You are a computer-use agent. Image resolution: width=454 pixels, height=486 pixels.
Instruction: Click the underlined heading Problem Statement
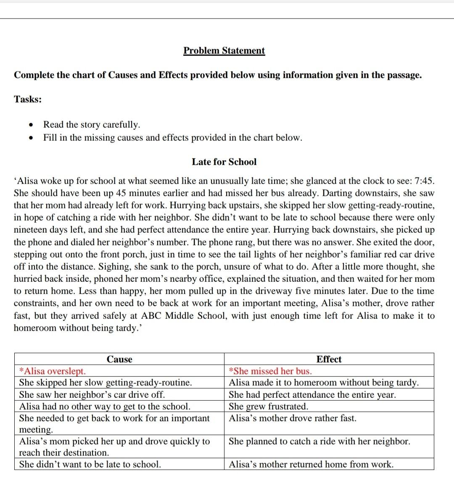coord(224,51)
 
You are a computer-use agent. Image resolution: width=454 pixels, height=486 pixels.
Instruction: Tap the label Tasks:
coord(28,99)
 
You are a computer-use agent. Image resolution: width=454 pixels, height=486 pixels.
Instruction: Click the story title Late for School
coord(224,162)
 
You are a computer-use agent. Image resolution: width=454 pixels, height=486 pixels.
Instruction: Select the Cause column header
coord(119,359)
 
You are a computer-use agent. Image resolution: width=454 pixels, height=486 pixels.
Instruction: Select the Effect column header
coord(329,359)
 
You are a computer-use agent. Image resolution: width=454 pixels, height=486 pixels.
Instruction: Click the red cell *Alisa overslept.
coord(53,371)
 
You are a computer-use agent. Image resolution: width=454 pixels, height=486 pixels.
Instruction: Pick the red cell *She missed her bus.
coord(270,371)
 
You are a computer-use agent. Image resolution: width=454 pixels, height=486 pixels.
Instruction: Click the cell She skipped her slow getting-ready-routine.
coord(106,383)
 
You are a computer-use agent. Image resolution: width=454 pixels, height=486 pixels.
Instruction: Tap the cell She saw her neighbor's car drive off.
coord(92,394)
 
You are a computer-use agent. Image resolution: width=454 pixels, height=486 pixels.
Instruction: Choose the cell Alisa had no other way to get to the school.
coord(105,406)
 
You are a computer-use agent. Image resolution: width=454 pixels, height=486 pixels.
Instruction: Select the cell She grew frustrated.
coord(268,406)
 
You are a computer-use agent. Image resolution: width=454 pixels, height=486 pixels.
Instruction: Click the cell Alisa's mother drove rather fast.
coord(293,418)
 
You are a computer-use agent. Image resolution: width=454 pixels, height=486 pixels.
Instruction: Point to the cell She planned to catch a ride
coord(319,441)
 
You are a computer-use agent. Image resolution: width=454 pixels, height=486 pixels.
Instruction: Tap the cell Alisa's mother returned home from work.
coord(311,464)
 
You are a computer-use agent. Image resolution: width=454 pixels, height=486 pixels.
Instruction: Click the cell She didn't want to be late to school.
coord(90,464)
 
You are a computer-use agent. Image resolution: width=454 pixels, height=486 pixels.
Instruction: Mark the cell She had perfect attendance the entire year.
coord(312,394)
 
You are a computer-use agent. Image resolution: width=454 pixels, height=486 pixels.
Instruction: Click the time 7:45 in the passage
coord(424,181)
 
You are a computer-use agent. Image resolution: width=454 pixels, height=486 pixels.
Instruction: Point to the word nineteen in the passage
coord(32,230)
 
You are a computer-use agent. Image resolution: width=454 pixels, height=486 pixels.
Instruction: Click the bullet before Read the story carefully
coord(30,125)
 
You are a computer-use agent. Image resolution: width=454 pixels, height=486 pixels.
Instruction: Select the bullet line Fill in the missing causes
coord(172,138)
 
